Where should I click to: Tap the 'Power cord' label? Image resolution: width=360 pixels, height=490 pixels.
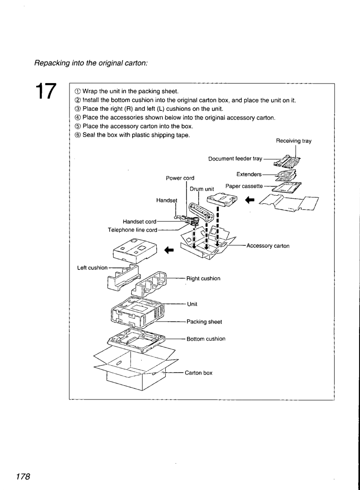(180, 178)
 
